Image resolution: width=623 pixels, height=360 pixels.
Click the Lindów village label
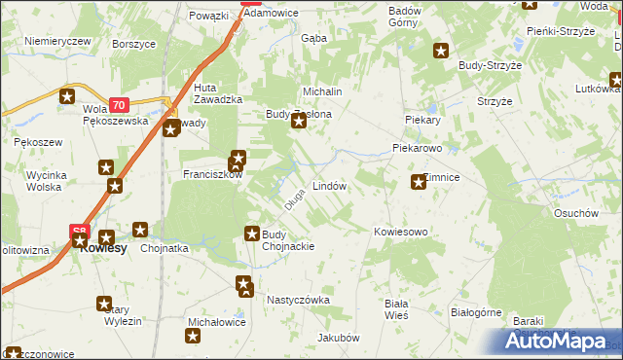click(329, 185)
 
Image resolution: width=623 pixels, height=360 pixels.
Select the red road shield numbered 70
click(119, 104)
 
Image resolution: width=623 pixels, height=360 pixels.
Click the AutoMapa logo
click(564, 341)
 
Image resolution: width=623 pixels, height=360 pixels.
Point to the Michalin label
click(323, 90)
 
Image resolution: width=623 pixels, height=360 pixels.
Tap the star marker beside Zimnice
click(419, 181)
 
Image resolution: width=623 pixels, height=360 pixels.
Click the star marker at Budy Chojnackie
click(252, 234)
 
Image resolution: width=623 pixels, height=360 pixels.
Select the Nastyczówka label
click(299, 301)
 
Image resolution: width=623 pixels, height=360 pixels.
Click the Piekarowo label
click(418, 150)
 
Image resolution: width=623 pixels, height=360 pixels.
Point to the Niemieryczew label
click(58, 42)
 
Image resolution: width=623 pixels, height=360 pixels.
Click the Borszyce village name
click(134, 45)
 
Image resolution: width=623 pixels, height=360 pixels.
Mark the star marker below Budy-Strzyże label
click(441, 51)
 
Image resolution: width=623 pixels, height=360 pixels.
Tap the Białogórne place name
click(476, 313)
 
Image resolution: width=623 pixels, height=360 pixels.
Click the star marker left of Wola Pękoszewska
click(67, 96)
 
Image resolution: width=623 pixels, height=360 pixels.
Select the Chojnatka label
click(165, 248)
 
